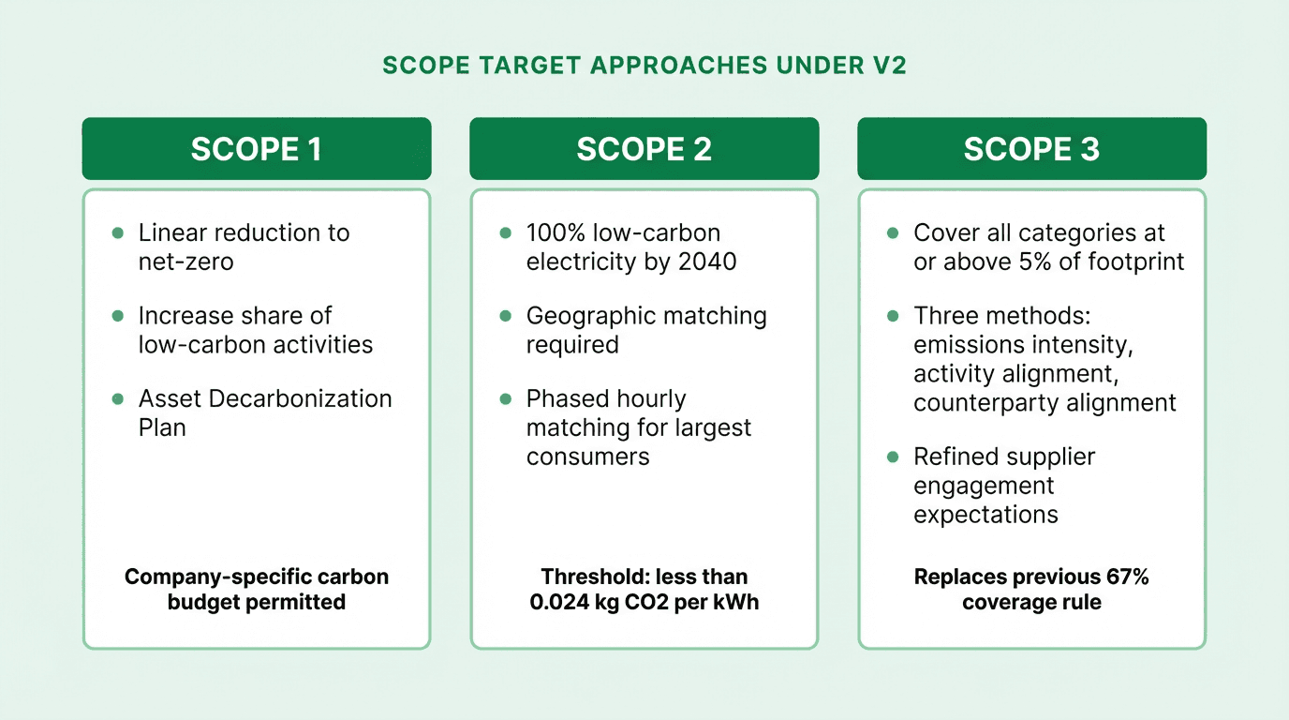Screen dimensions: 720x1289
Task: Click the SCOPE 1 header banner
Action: (256, 149)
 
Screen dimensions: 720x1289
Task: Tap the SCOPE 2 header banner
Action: (644, 149)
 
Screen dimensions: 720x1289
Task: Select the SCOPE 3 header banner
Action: (1031, 149)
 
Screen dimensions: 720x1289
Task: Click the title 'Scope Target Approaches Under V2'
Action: (644, 66)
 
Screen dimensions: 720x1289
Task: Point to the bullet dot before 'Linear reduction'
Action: (118, 232)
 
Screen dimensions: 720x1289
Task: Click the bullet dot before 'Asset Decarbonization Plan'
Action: (118, 398)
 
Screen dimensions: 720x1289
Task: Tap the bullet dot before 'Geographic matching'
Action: (506, 316)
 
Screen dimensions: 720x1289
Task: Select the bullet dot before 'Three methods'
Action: (894, 316)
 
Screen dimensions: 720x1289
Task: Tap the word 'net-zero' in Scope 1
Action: (186, 262)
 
